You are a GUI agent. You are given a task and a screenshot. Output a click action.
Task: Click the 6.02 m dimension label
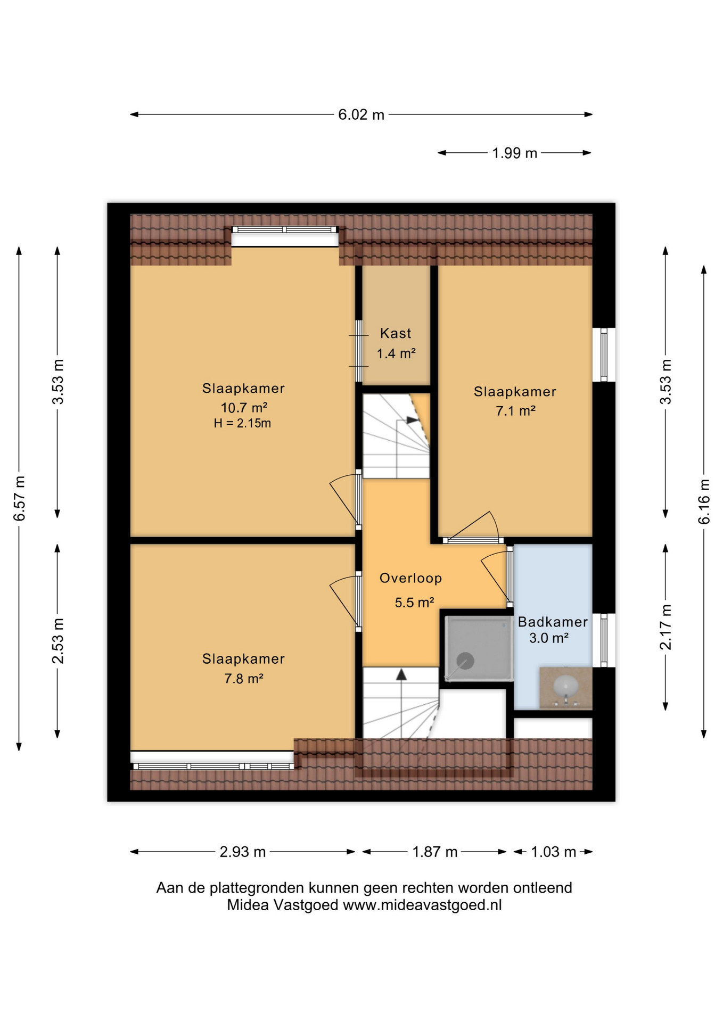[x=361, y=114]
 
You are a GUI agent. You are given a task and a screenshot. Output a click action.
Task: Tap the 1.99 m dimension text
[x=514, y=153]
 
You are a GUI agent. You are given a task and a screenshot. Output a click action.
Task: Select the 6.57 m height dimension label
[x=19, y=499]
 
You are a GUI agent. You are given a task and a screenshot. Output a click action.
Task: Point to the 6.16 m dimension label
[x=704, y=501]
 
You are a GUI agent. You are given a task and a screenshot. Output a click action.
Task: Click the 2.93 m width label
[x=243, y=852]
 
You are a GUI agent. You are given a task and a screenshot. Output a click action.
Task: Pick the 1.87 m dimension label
[x=435, y=852]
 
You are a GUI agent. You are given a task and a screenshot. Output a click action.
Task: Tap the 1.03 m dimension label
[x=553, y=852]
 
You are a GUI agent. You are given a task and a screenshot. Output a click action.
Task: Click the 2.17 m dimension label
[x=666, y=627]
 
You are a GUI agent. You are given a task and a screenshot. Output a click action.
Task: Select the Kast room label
[x=396, y=334]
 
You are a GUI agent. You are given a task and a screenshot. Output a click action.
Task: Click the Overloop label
[x=410, y=578]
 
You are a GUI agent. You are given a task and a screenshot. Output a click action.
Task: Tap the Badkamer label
[x=553, y=622]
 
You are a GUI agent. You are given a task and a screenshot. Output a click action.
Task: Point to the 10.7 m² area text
[x=244, y=408]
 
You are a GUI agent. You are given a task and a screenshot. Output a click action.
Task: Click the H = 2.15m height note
[x=243, y=424]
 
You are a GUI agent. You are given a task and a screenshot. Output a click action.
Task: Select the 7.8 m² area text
[x=244, y=679]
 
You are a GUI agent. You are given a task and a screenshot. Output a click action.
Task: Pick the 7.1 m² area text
[x=515, y=411]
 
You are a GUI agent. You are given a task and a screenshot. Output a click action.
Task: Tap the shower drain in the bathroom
[x=465, y=661]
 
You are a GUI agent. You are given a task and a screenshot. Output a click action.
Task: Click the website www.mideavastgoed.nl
[x=422, y=905]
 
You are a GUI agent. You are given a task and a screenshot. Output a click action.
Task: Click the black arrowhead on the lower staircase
[x=401, y=674]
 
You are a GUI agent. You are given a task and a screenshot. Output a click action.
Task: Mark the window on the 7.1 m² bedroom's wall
[x=604, y=355]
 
